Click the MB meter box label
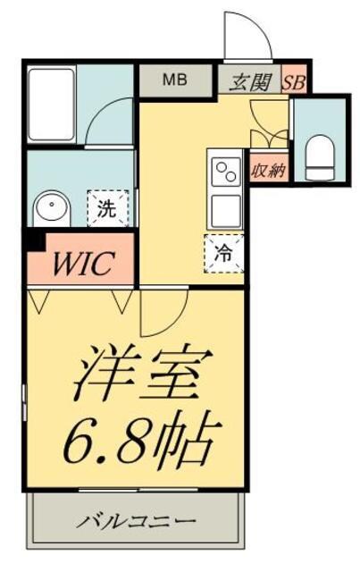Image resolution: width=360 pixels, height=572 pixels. [174, 79]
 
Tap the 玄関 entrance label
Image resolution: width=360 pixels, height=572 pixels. [246, 80]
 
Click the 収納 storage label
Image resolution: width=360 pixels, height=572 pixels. [267, 169]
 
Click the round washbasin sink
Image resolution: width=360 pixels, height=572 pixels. [53, 211]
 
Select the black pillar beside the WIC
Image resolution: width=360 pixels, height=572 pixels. [34, 239]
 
